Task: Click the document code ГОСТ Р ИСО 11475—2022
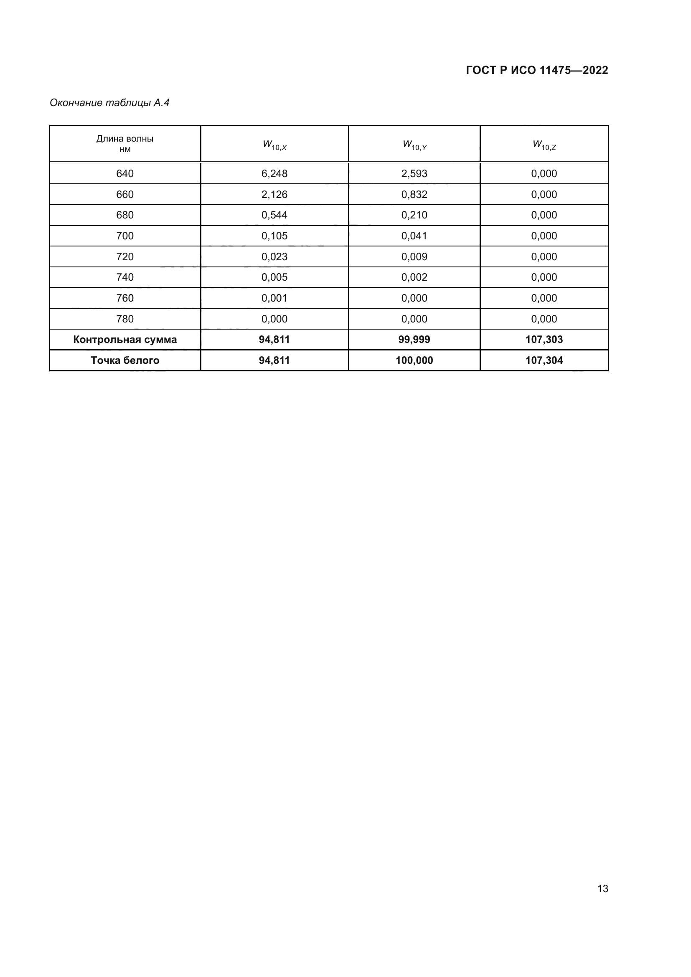[536, 70]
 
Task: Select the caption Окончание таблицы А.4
[109, 103]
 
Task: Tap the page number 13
[602, 888]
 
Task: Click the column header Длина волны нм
[124, 144]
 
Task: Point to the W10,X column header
[274, 145]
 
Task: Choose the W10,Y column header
[414, 145]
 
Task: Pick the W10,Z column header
[544, 145]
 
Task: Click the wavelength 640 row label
[124, 174]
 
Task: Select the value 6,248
[274, 174]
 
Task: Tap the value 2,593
[414, 174]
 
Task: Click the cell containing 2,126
[274, 195]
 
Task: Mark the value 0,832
[414, 195]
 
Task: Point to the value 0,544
[274, 215]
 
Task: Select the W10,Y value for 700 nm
[414, 236]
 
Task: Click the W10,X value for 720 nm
[274, 256]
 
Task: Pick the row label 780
[124, 319]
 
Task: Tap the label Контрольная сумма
[124, 340]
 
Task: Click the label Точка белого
[124, 360]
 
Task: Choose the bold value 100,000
[414, 360]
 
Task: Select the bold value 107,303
[544, 340]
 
